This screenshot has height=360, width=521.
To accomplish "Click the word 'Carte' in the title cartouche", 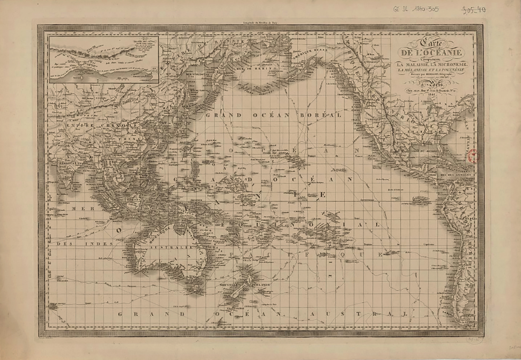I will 431,43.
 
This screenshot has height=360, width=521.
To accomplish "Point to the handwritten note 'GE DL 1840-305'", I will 416,9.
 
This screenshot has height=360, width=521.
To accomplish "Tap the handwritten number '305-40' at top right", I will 474,10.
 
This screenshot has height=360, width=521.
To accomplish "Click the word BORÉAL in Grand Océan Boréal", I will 320,115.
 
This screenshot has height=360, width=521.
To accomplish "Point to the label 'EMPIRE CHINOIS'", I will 102,125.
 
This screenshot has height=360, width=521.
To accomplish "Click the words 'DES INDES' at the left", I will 85,244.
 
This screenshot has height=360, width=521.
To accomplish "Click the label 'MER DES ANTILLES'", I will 455,175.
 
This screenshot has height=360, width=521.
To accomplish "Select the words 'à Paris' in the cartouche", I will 431,85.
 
